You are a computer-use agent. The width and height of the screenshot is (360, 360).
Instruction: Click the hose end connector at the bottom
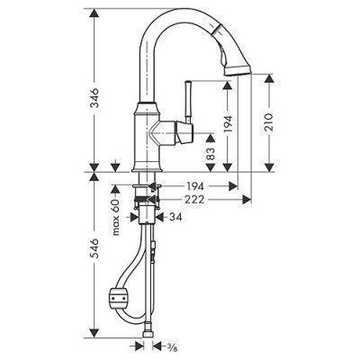[x=145, y=340]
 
